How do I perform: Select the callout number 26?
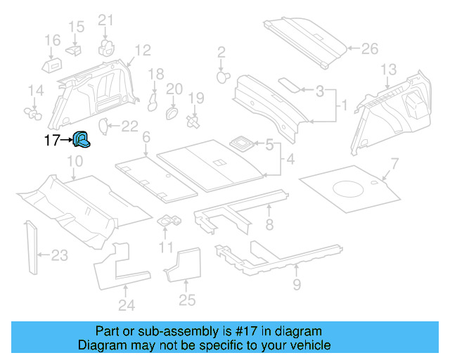click(369, 49)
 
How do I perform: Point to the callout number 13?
click(388, 69)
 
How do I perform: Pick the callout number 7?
click(394, 164)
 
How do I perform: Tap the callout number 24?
click(126, 304)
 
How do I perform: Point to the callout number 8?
click(269, 225)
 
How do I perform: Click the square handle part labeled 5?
click(243, 143)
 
